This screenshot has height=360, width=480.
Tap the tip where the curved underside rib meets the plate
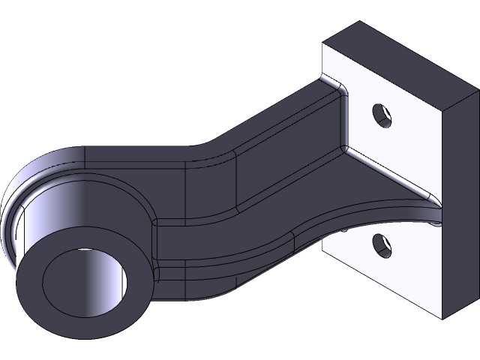(x=437, y=222)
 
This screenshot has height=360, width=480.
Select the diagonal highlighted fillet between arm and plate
(x=390, y=176)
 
